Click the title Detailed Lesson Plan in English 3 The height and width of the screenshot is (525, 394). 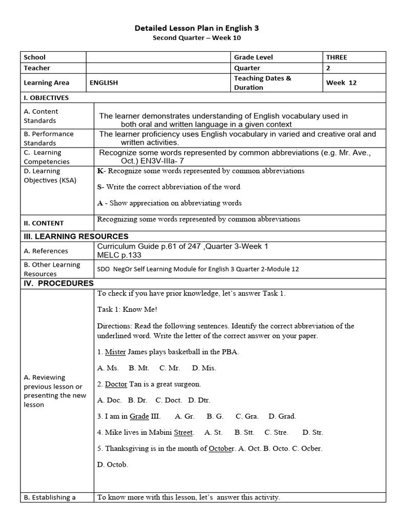pyautogui.click(x=197, y=29)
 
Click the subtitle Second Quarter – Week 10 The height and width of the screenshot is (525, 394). pyautogui.click(x=197, y=38)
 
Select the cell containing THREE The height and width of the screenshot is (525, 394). pyautogui.click(x=337, y=57)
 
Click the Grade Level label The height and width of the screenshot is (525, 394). pyautogui.click(x=253, y=57)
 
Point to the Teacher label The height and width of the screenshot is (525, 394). pyautogui.click(x=37, y=68)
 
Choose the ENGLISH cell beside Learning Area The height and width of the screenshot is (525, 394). pyautogui.click(x=104, y=83)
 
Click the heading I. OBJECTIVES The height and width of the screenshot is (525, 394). pyautogui.click(x=46, y=97)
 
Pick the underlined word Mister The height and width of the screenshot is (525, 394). pyautogui.click(x=115, y=352)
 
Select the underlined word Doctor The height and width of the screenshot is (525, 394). pyautogui.click(x=116, y=384)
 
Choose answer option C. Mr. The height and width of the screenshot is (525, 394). pyautogui.click(x=169, y=368)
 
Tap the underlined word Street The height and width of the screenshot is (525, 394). pyautogui.click(x=183, y=432)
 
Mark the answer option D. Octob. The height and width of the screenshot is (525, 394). pyautogui.click(x=112, y=465)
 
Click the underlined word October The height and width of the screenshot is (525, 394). pyautogui.click(x=221, y=449)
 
